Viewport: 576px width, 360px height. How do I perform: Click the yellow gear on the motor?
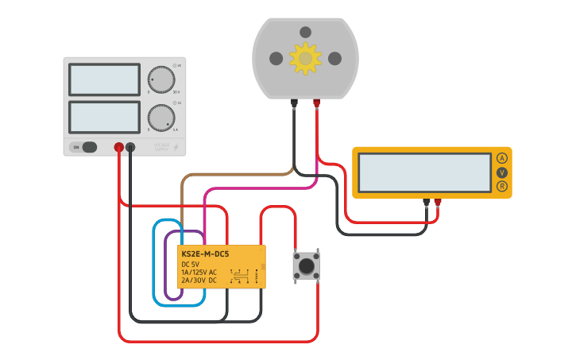tap(305, 58)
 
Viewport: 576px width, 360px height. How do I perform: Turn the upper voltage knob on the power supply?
tap(161, 80)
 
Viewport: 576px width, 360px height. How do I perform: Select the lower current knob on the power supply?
tap(161, 118)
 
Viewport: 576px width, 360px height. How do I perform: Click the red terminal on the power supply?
tap(118, 147)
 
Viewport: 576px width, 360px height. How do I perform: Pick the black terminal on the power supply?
tap(130, 147)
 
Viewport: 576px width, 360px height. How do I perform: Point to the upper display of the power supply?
tap(104, 79)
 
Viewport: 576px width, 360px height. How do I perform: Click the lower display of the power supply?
tap(104, 117)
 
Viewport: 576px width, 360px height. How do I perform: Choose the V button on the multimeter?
tap(502, 172)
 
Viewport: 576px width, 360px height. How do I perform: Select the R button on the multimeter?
tap(502, 186)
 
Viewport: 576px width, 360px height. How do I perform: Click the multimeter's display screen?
tap(424, 172)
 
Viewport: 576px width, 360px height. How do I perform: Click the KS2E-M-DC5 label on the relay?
tap(205, 254)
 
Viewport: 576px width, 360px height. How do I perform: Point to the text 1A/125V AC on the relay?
tap(199, 272)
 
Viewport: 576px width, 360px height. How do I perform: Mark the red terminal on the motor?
tap(316, 103)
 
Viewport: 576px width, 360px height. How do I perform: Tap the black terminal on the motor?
tap(294, 103)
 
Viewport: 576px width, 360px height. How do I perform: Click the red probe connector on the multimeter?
tap(437, 203)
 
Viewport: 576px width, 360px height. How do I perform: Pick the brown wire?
tap(230, 174)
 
